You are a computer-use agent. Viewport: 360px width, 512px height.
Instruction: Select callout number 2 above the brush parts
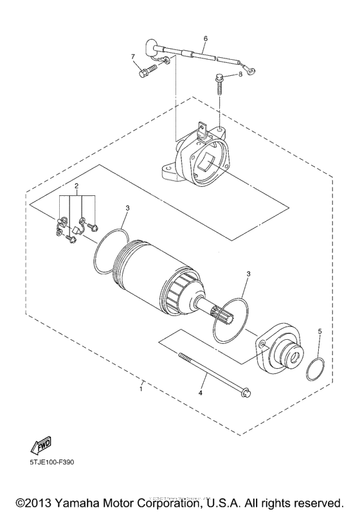coord(76,187)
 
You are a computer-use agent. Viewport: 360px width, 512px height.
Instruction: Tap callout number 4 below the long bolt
coord(201,393)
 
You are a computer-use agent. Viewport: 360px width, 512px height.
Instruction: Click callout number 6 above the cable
coord(205,39)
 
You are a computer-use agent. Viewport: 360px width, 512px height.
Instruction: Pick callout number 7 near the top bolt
coord(134,57)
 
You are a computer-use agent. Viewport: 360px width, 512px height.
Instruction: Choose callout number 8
coord(240,75)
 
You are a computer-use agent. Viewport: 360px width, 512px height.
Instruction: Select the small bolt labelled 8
coord(220,82)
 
